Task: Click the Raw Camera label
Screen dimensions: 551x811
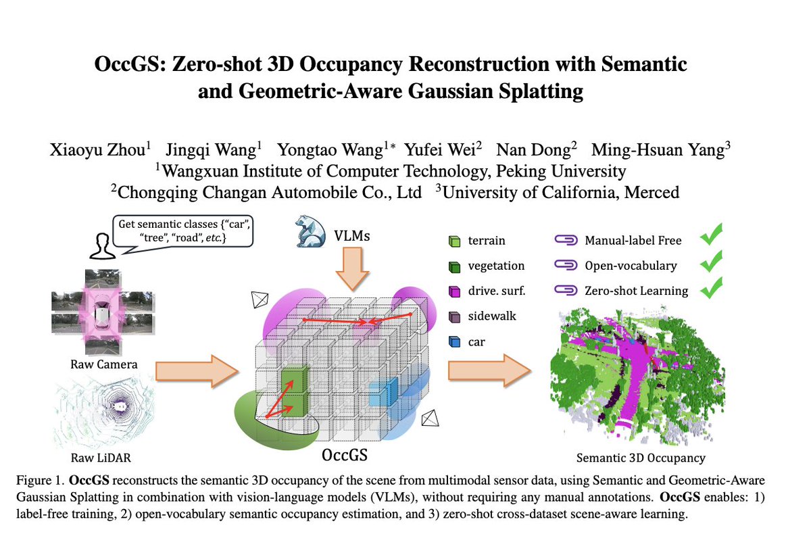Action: pyautogui.click(x=104, y=364)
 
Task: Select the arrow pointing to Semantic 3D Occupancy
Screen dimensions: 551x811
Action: pyautogui.click(x=489, y=370)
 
